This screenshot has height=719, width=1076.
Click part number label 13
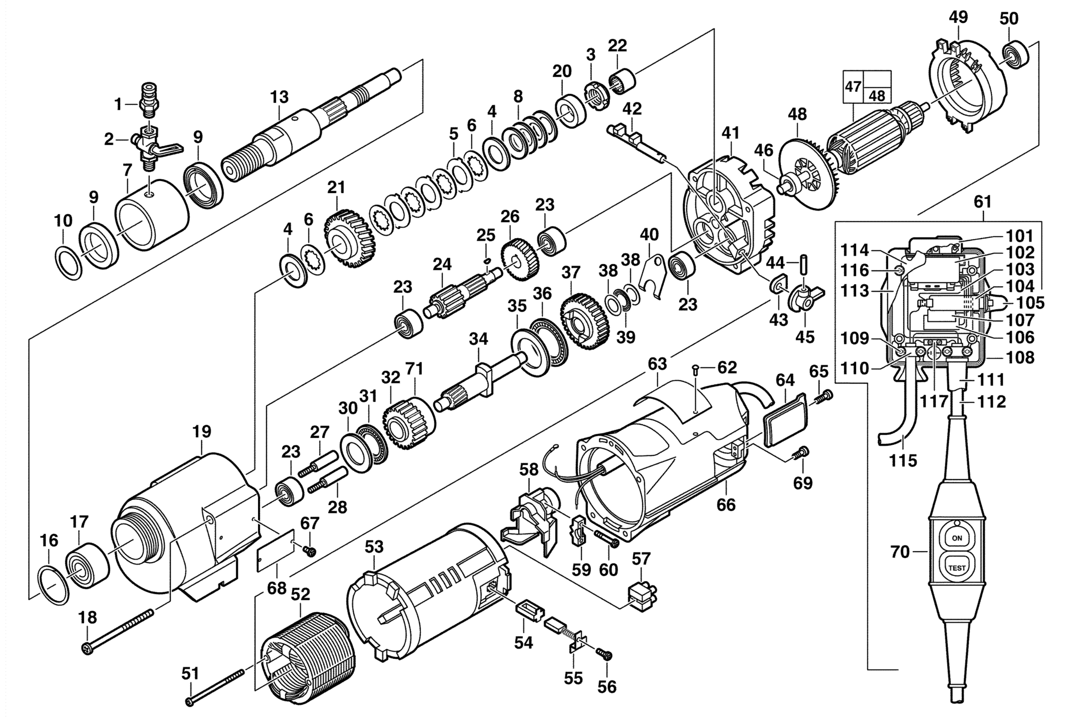279,97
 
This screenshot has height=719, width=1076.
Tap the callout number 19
202,432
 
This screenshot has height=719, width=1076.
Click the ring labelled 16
54,585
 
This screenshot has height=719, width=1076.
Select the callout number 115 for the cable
903,461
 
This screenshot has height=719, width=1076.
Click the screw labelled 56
604,654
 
